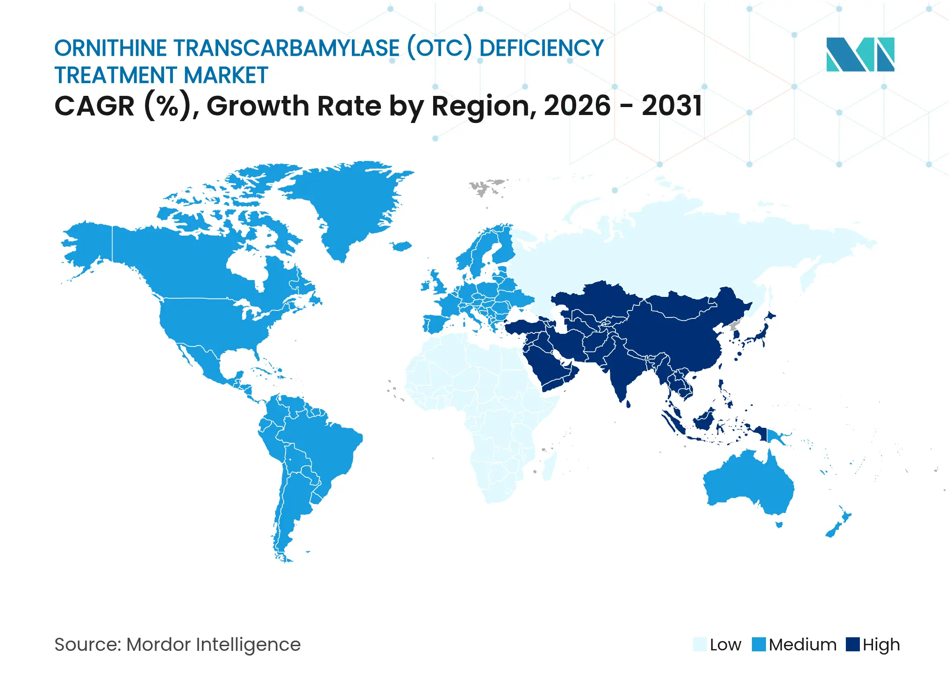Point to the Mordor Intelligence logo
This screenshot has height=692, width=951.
pyautogui.click(x=860, y=54)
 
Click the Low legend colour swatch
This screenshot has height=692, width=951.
pyautogui.click(x=700, y=644)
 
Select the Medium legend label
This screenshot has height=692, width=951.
pyautogui.click(x=802, y=645)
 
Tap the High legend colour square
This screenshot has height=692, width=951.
pyautogui.click(x=852, y=644)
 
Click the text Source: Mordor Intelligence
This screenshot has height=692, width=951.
pyautogui.click(x=178, y=645)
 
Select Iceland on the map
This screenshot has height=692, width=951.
pyautogui.click(x=401, y=246)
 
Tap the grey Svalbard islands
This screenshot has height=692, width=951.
pyautogui.click(x=486, y=186)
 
